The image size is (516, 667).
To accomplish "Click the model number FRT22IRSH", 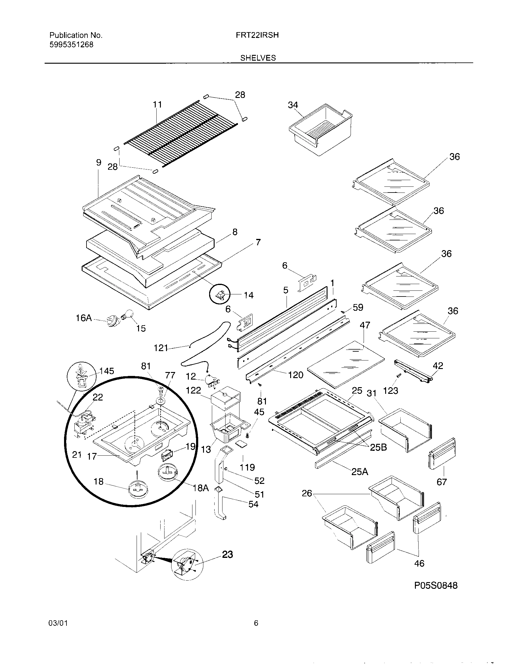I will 257,35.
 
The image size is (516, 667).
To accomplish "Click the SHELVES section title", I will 258,58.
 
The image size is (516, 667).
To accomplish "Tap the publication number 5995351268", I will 71,45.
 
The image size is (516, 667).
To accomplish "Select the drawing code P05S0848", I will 436,585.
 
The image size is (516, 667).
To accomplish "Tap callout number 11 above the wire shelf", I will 157,105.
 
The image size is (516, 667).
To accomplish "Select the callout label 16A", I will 84,318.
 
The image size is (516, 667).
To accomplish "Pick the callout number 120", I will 295,375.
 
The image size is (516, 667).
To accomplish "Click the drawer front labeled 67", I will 442,453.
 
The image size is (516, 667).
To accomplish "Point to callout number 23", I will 227,554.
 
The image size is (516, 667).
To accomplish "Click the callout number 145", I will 107,371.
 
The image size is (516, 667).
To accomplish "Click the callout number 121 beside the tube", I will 161,347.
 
